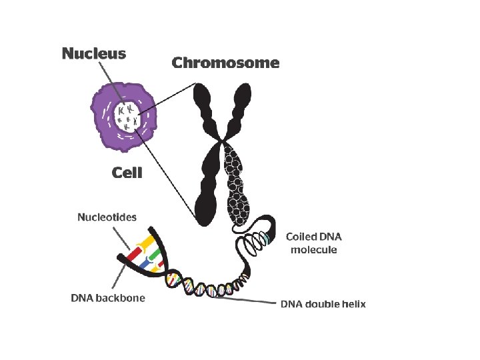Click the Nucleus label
point(93,53)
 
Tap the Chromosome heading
point(225,63)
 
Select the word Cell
point(127,173)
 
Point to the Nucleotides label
point(107,217)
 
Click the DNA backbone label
point(107,297)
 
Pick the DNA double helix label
point(323,304)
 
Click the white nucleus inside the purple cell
point(126,118)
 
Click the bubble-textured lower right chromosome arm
point(237,187)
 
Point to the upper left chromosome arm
point(203,107)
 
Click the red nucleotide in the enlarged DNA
point(137,253)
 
